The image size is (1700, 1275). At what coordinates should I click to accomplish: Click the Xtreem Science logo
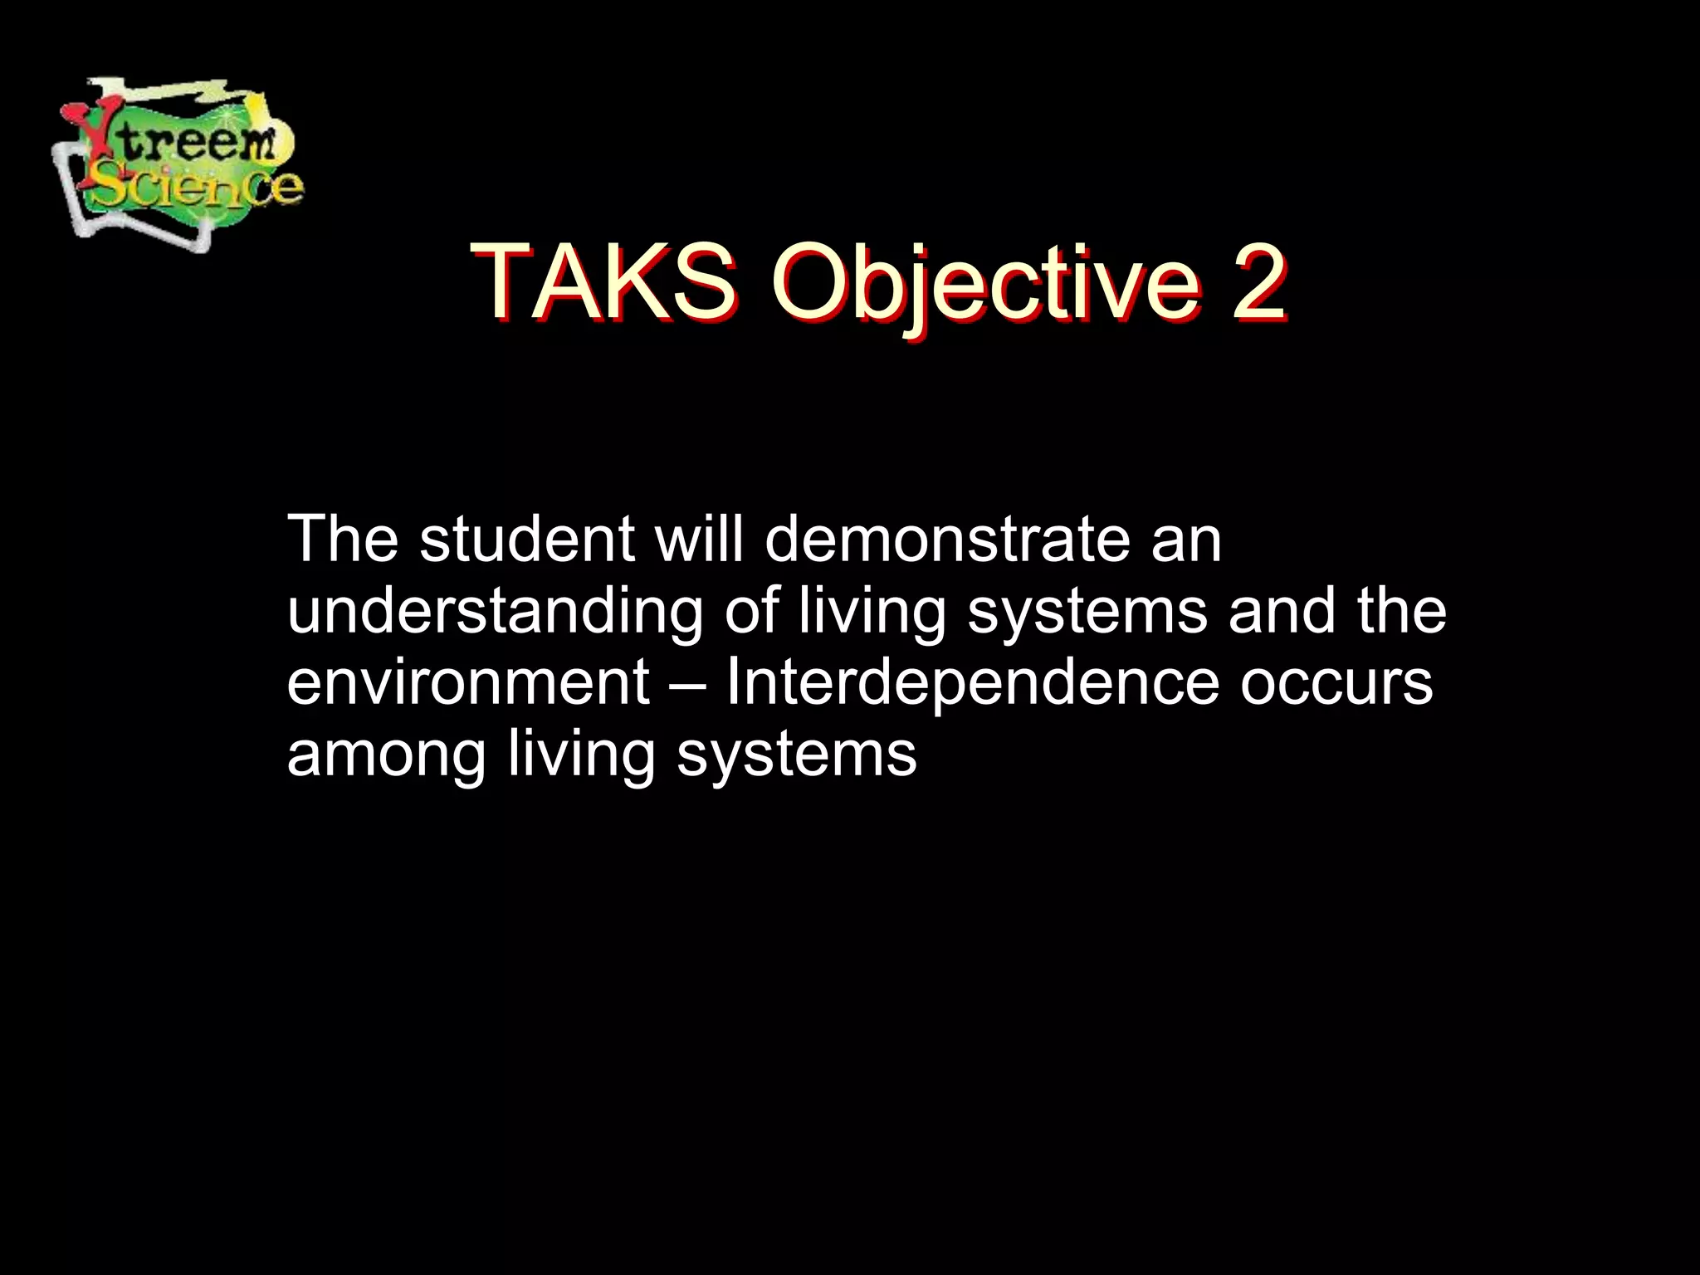point(178,162)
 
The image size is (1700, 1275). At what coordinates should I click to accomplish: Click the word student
point(526,540)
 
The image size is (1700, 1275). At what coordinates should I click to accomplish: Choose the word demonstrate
point(947,540)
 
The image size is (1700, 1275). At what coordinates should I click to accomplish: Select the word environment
point(467,684)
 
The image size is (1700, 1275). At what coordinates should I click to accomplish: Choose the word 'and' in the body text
point(1282,611)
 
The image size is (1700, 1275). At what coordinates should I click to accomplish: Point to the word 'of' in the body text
point(751,611)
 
